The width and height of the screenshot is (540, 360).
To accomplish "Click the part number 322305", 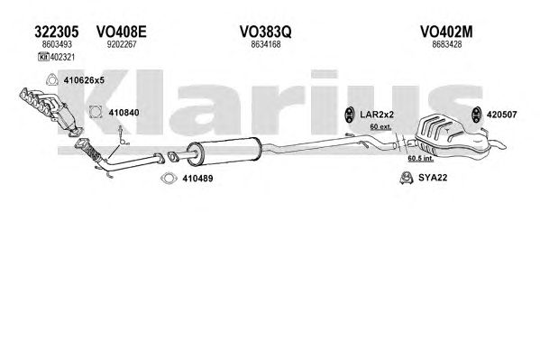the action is pos(57,32).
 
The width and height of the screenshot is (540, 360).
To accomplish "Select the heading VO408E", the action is pos(121,32).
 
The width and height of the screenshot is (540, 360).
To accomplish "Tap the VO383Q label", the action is pos(266,32).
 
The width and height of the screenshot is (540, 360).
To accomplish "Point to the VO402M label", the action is pos(446,32).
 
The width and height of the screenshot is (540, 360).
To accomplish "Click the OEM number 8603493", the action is pos(57,44).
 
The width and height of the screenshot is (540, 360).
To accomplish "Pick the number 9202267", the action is pos(122,44).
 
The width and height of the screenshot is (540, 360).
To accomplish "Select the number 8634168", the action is pos(266,44).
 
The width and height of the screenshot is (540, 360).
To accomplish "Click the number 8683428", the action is pos(446,44).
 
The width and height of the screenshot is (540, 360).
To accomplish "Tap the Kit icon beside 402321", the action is pos(44,57).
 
